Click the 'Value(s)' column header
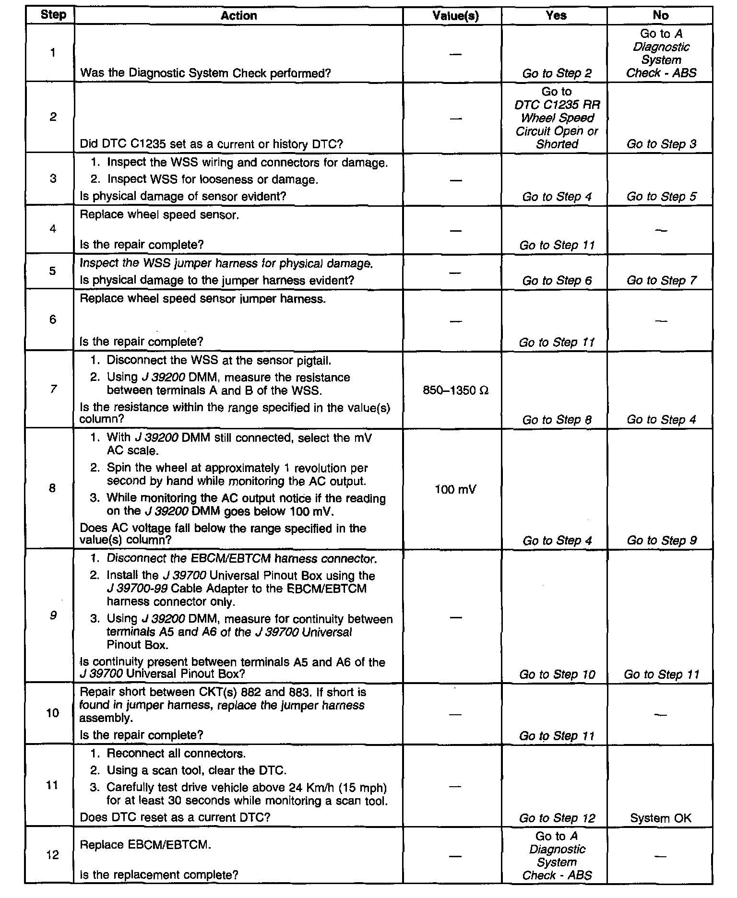tap(455, 16)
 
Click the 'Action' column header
tap(238, 16)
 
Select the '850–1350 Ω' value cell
tap(455, 390)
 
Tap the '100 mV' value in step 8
tap(455, 489)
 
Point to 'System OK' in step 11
tap(661, 818)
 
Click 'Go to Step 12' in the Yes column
tap(557, 818)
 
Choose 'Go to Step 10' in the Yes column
tap(557, 674)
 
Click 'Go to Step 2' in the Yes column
tap(557, 73)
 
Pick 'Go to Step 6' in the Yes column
tap(557, 281)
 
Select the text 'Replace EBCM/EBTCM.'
tap(145, 845)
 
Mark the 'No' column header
tap(661, 16)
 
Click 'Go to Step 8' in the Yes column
tap(557, 420)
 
